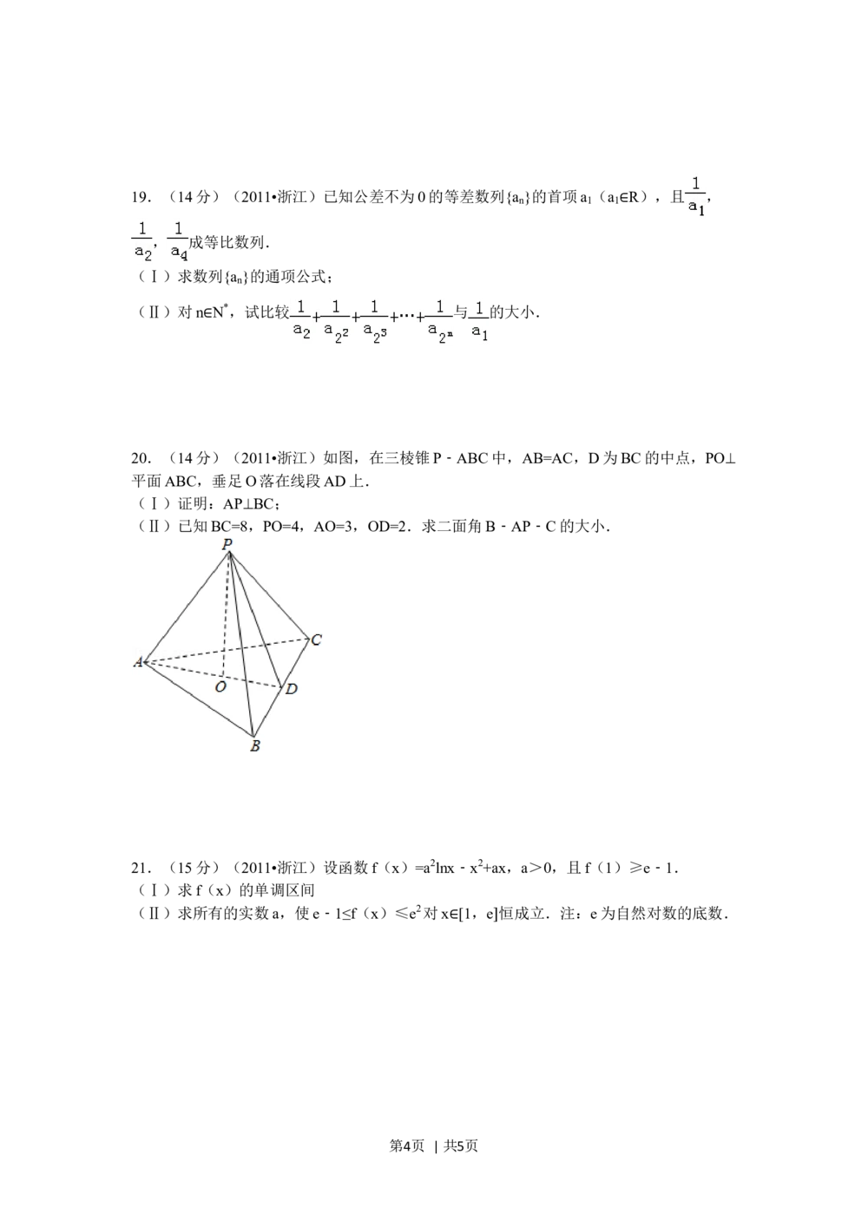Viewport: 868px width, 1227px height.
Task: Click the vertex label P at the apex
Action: click(227, 544)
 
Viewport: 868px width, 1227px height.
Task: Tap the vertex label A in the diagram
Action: click(137, 663)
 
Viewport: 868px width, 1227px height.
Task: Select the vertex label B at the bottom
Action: click(254, 745)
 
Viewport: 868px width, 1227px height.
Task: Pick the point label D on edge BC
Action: click(292, 689)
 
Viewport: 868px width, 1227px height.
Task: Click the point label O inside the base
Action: click(220, 686)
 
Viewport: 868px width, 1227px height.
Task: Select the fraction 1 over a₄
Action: click(178, 240)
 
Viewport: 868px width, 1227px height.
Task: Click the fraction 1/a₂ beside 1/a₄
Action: click(139, 240)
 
